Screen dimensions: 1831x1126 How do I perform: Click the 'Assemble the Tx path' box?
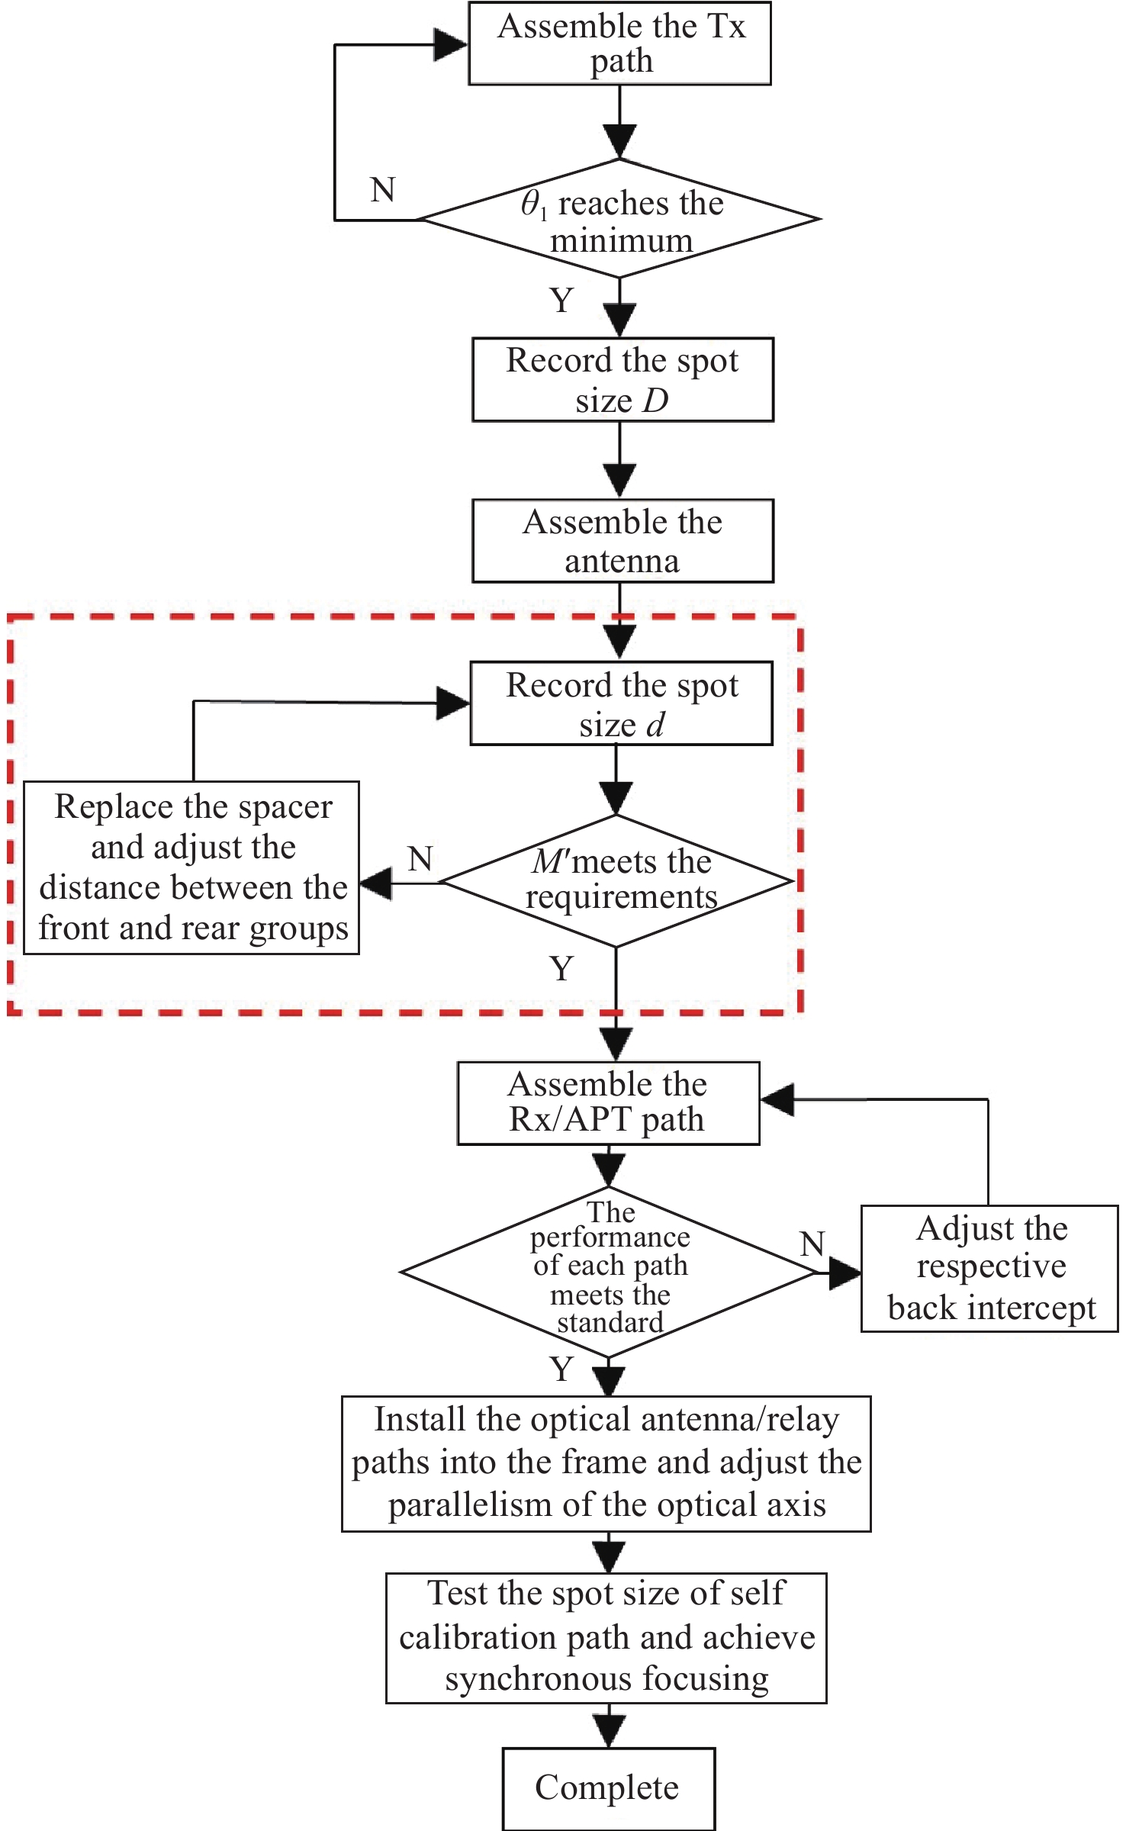619,43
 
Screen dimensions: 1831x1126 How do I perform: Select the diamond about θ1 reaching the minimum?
619,219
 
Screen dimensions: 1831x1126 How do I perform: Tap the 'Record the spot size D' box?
623,379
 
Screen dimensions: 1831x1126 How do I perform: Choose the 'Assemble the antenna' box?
623,541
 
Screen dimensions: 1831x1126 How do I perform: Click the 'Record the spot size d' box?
621,703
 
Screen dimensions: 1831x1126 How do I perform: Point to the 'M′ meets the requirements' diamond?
616,881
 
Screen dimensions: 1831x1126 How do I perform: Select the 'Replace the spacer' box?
191,867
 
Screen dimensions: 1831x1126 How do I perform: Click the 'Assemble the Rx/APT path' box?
608,1102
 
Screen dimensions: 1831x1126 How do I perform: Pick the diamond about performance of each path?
609,1272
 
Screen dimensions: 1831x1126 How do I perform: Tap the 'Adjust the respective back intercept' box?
989,1268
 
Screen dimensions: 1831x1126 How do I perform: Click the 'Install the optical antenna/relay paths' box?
606,1463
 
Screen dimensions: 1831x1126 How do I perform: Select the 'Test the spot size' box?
606,1637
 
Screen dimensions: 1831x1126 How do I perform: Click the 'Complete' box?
608,1788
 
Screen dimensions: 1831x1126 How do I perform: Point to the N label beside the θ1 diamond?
383,190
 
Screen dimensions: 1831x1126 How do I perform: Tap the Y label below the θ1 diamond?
561,301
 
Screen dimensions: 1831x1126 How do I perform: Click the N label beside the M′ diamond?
420,859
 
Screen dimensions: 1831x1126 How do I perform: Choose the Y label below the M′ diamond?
561,969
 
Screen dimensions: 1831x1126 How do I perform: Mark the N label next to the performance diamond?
812,1244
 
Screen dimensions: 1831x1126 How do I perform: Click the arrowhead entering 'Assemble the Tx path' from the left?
450,44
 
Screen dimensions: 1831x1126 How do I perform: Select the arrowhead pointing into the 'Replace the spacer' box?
375,883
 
